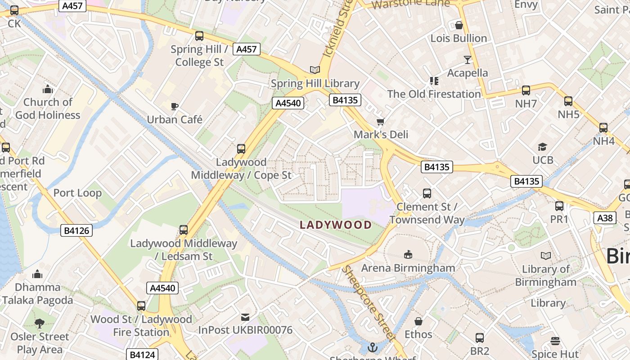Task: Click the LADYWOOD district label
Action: tap(336, 225)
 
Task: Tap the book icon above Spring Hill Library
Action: tap(315, 70)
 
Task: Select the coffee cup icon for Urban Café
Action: tap(175, 106)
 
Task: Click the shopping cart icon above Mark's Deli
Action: tap(381, 121)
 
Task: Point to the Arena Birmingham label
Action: tap(408, 268)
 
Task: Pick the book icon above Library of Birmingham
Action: tap(545, 256)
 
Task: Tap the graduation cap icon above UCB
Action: tap(542, 147)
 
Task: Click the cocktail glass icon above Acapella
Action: tap(468, 59)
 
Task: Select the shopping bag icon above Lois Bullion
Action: tap(459, 25)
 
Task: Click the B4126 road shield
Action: tap(76, 231)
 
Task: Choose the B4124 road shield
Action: tap(142, 355)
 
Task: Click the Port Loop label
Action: tap(77, 193)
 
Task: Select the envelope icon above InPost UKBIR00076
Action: tap(245, 317)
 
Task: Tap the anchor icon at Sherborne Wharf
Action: tap(372, 347)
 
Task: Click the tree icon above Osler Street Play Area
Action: tap(40, 323)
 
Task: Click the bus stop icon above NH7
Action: tap(526, 90)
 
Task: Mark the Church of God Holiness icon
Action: tap(48, 89)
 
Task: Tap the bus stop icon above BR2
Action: tap(480, 337)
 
